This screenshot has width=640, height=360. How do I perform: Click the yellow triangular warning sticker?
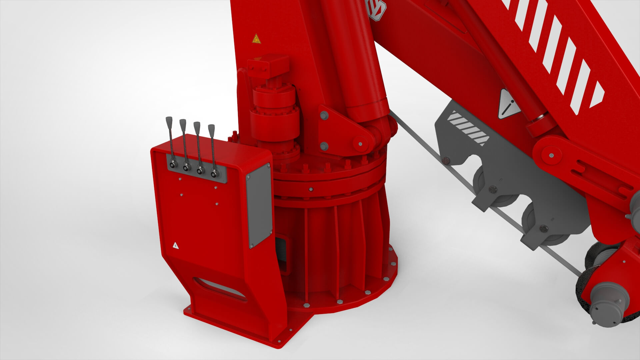256,39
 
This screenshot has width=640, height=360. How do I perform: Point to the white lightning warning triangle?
175,246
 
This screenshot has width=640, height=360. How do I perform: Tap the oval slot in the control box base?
219,287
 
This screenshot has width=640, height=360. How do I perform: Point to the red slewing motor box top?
269,65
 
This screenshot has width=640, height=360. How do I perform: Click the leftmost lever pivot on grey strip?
172,165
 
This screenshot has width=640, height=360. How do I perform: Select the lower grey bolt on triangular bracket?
324,146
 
